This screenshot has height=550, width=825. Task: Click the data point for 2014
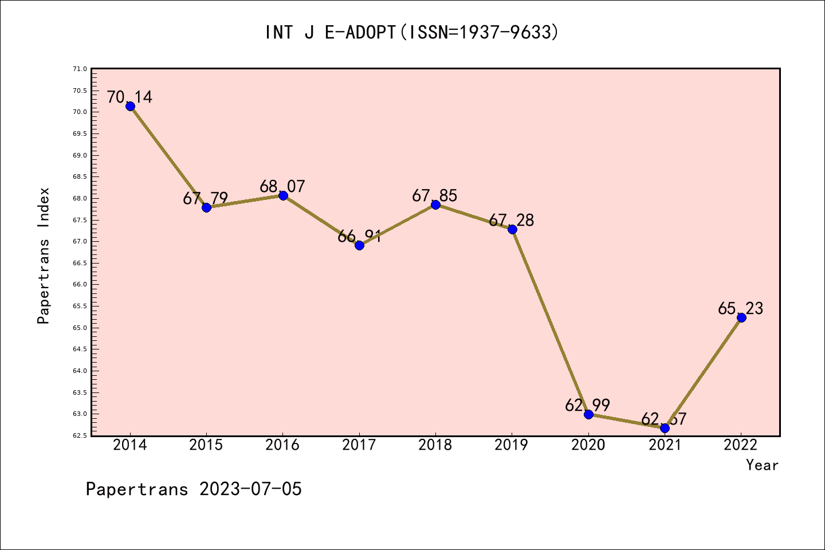(130, 106)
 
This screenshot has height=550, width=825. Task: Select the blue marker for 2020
(588, 414)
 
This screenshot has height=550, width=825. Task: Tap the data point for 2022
(741, 317)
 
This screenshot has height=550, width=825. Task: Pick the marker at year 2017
(359, 245)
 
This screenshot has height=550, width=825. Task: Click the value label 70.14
(130, 97)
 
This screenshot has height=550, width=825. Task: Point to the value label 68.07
(282, 186)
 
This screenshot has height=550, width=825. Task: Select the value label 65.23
(741, 308)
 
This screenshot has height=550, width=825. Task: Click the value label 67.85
(435, 196)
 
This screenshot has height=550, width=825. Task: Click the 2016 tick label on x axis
(282, 445)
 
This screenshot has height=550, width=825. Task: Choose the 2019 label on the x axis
(512, 445)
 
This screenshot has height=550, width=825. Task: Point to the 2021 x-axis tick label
(665, 445)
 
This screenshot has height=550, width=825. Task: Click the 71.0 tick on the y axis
(80, 69)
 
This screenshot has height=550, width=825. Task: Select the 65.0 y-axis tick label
(80, 328)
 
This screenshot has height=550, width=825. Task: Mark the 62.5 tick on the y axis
(80, 435)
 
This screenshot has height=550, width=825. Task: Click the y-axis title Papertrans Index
(44, 256)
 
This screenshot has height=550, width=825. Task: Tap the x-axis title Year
(762, 465)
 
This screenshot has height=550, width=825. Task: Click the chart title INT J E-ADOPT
(411, 33)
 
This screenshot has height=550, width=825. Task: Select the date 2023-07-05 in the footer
(250, 489)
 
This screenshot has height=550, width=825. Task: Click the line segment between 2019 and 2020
(550, 322)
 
